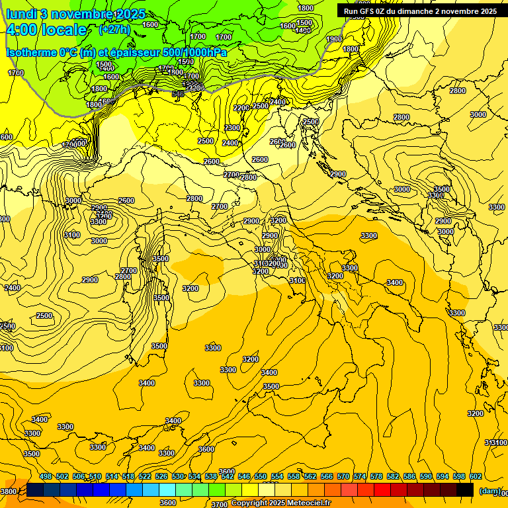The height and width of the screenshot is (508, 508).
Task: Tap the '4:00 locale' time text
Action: pos(46,30)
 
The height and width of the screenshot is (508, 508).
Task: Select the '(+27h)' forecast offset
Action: pos(114,30)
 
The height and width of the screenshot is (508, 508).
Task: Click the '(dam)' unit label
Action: pos(489,491)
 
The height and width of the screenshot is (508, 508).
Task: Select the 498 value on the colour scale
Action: pos(46,477)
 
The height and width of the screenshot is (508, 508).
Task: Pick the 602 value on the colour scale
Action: pos(476,477)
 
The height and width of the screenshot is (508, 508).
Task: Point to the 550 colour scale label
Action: pos(261,477)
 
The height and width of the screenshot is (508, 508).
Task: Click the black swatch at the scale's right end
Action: pos(465,490)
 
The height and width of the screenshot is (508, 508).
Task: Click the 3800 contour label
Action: pos(9,491)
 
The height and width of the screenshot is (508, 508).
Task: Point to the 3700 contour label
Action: pos(220,504)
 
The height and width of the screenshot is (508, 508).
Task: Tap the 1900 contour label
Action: pos(334,39)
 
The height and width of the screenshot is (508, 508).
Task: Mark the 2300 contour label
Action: pos(232,128)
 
